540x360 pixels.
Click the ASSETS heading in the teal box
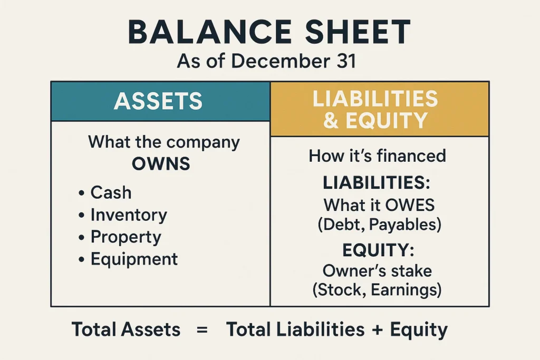(x=158, y=101)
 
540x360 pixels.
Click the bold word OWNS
(x=160, y=163)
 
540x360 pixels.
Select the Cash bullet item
(x=110, y=192)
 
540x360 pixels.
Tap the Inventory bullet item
(x=128, y=215)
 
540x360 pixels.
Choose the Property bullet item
(x=126, y=237)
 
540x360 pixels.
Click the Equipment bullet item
(x=134, y=259)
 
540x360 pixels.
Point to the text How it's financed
(x=377, y=155)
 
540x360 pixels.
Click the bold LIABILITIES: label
(x=377, y=183)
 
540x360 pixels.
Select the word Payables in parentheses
(x=404, y=225)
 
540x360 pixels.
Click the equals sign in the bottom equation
(x=202, y=330)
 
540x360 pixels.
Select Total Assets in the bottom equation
(x=126, y=330)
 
